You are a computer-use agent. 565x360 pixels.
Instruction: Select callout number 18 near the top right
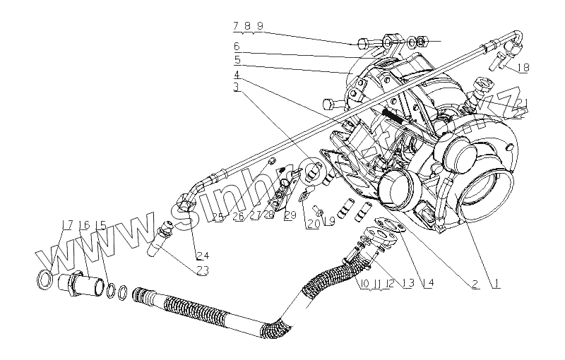coord(523,68)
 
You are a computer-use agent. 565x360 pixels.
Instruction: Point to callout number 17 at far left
coord(67,225)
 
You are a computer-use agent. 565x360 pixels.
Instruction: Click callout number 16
coord(84,225)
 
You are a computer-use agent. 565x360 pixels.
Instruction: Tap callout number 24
coord(203,254)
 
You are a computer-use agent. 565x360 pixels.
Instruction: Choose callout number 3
coord(238,88)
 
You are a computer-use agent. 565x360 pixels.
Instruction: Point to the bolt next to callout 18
coord(501,59)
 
